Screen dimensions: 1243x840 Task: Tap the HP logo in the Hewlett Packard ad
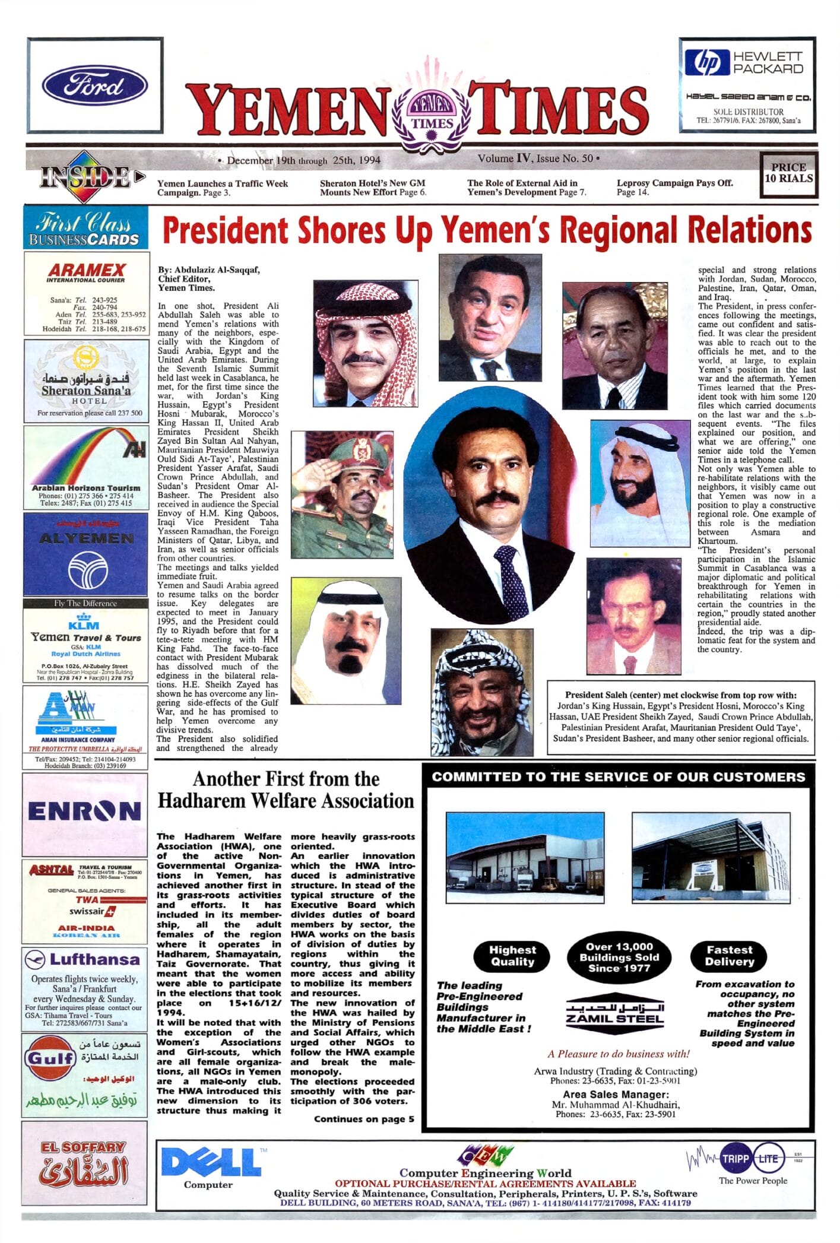(706, 63)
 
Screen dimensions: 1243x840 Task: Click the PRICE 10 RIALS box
(789, 173)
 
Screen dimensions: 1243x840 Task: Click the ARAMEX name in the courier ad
(87, 269)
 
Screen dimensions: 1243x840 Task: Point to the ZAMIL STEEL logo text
(614, 1019)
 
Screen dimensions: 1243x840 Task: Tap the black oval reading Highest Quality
(512, 956)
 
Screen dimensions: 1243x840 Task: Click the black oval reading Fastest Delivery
(729, 956)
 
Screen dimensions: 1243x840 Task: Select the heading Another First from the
(286, 779)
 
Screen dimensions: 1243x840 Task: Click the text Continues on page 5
(364, 1119)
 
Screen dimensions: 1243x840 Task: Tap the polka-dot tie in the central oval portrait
(511, 581)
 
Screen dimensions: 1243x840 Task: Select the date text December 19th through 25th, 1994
(303, 160)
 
